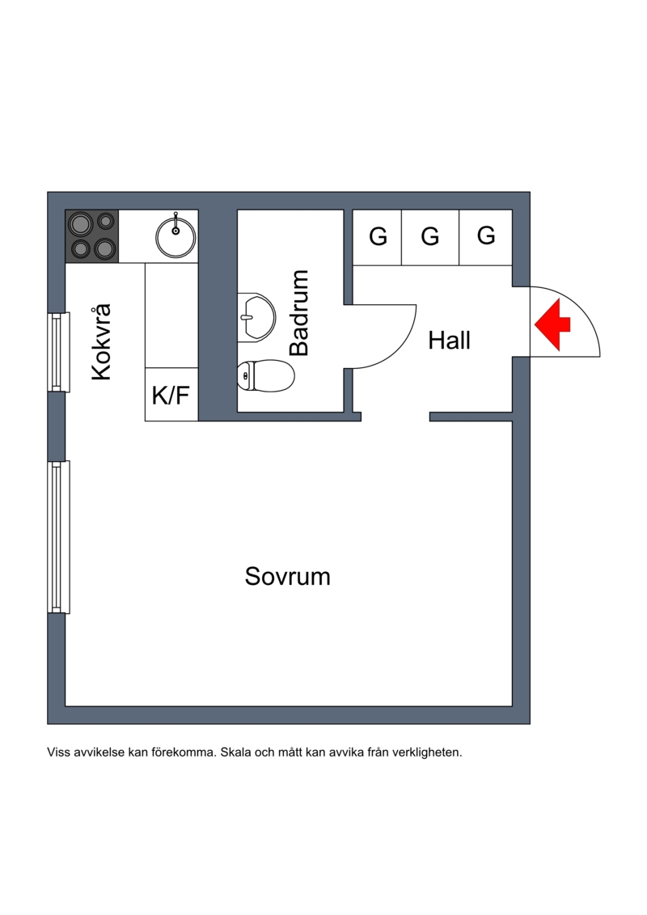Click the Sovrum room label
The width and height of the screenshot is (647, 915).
[x=287, y=577]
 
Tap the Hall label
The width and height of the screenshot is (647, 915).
[x=449, y=341]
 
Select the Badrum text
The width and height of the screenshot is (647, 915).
[x=300, y=313]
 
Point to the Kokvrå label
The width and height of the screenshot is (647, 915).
[x=101, y=342]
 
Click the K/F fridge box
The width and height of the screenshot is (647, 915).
[x=171, y=396]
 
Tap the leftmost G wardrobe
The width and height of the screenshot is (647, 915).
[x=378, y=237]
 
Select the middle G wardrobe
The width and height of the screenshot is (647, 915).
[x=430, y=237]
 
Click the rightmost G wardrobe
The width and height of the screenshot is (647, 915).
[x=486, y=236]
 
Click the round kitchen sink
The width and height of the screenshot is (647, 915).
[x=175, y=235]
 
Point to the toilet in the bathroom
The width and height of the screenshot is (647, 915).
[x=266, y=375]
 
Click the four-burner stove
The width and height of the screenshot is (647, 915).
[x=92, y=235]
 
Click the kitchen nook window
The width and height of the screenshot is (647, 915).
[x=56, y=351]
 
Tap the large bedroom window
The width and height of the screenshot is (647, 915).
[x=56, y=536]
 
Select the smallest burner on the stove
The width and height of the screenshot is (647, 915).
[x=105, y=220]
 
